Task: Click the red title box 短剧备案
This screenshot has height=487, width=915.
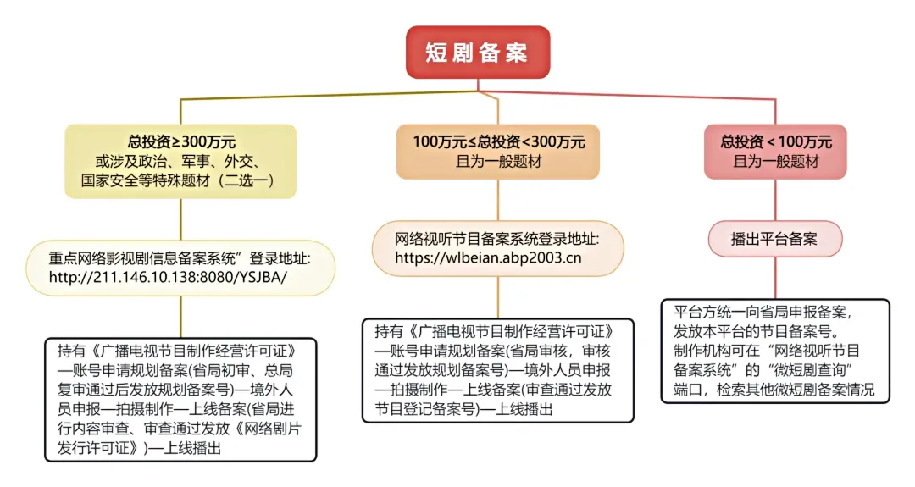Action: click(477, 53)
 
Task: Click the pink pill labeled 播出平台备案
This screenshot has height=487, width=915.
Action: click(774, 239)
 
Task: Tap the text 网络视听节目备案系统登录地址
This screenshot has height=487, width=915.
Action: click(486, 236)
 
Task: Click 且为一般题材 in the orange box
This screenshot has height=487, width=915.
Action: click(497, 161)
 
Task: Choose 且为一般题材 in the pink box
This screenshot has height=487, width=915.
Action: click(775, 161)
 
